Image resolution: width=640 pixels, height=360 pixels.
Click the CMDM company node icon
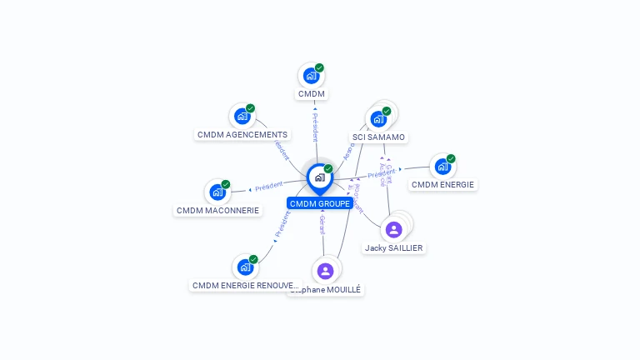pyautogui.click(x=311, y=76)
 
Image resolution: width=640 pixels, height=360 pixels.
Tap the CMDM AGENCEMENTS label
pyautogui.click(x=242, y=135)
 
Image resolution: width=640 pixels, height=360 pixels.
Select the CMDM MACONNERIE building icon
pyautogui.click(x=217, y=192)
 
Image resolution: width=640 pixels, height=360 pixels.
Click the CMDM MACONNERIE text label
pyautogui.click(x=218, y=211)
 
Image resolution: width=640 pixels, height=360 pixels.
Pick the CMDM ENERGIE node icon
pyautogui.click(x=442, y=167)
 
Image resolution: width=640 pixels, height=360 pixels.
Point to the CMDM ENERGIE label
pyautogui.click(x=443, y=185)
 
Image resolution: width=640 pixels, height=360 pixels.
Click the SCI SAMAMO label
pyautogui.click(x=378, y=137)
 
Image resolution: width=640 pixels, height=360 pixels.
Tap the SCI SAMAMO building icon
pyautogui.click(x=378, y=118)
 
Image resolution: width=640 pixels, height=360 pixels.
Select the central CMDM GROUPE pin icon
pyautogui.click(x=319, y=177)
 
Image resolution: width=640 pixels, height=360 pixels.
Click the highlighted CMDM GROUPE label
pyautogui.click(x=319, y=203)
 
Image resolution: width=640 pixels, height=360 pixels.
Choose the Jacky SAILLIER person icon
pyautogui.click(x=394, y=229)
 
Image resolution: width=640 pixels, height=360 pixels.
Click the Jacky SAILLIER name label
pyautogui.click(x=394, y=248)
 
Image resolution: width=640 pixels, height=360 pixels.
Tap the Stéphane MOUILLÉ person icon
pyautogui.click(x=325, y=271)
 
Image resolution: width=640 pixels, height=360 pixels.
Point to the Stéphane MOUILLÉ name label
pyautogui.click(x=327, y=290)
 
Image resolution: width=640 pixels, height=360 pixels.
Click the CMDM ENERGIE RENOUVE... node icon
pyautogui.click(x=245, y=267)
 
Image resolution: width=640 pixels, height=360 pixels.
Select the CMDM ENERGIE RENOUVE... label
pyautogui.click(x=245, y=286)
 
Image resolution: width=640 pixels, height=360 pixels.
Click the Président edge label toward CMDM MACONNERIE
pyautogui.click(x=269, y=187)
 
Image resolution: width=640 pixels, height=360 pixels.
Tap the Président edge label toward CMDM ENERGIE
pyautogui.click(x=381, y=174)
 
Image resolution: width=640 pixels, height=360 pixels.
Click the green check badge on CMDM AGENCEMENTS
pyautogui.click(x=250, y=108)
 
